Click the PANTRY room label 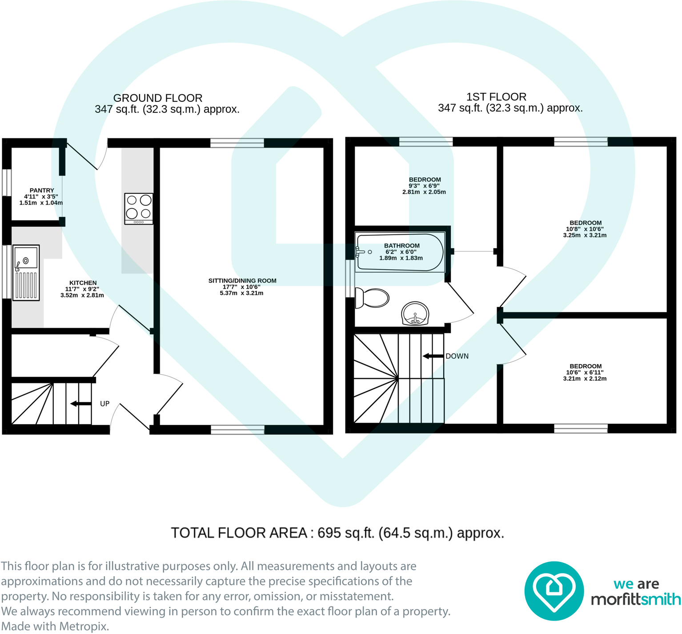42,190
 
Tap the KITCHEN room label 83,283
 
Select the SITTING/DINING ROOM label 242,281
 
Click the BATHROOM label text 401,245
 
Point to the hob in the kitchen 139,208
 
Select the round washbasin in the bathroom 415,313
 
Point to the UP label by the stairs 104,404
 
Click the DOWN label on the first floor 457,356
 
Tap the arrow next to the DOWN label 433,356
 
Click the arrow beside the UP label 80,404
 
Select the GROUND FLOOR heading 158,98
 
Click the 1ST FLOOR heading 496,96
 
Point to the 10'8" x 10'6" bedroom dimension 585,229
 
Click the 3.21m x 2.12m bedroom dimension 585,379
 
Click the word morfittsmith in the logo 636,599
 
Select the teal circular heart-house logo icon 554,591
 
